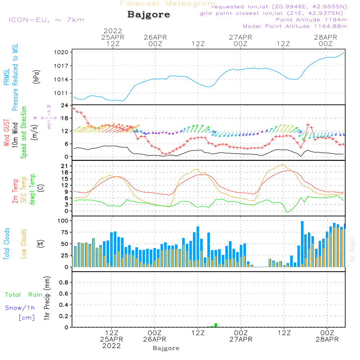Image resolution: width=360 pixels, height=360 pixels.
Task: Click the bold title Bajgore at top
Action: tap(149, 15)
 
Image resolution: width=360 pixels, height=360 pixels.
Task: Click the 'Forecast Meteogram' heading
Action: tap(168, 4)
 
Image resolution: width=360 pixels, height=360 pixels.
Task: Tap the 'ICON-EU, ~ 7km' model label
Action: tap(46, 20)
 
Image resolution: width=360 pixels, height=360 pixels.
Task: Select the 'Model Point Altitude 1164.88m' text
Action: tap(295, 26)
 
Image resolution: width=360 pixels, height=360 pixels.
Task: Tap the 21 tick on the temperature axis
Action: tap(65, 166)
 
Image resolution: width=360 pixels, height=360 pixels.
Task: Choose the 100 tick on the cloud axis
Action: tap(63, 220)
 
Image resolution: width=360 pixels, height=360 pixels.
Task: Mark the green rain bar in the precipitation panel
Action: tap(216, 325)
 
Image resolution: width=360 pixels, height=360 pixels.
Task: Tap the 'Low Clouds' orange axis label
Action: tap(24, 244)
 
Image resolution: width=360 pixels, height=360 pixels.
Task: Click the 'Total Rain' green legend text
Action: tap(24, 295)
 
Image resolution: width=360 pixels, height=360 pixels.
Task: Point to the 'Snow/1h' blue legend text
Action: tap(20, 308)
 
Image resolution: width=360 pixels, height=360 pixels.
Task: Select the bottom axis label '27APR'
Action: tap(241, 339)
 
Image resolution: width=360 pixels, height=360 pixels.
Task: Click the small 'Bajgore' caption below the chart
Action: tap(166, 348)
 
